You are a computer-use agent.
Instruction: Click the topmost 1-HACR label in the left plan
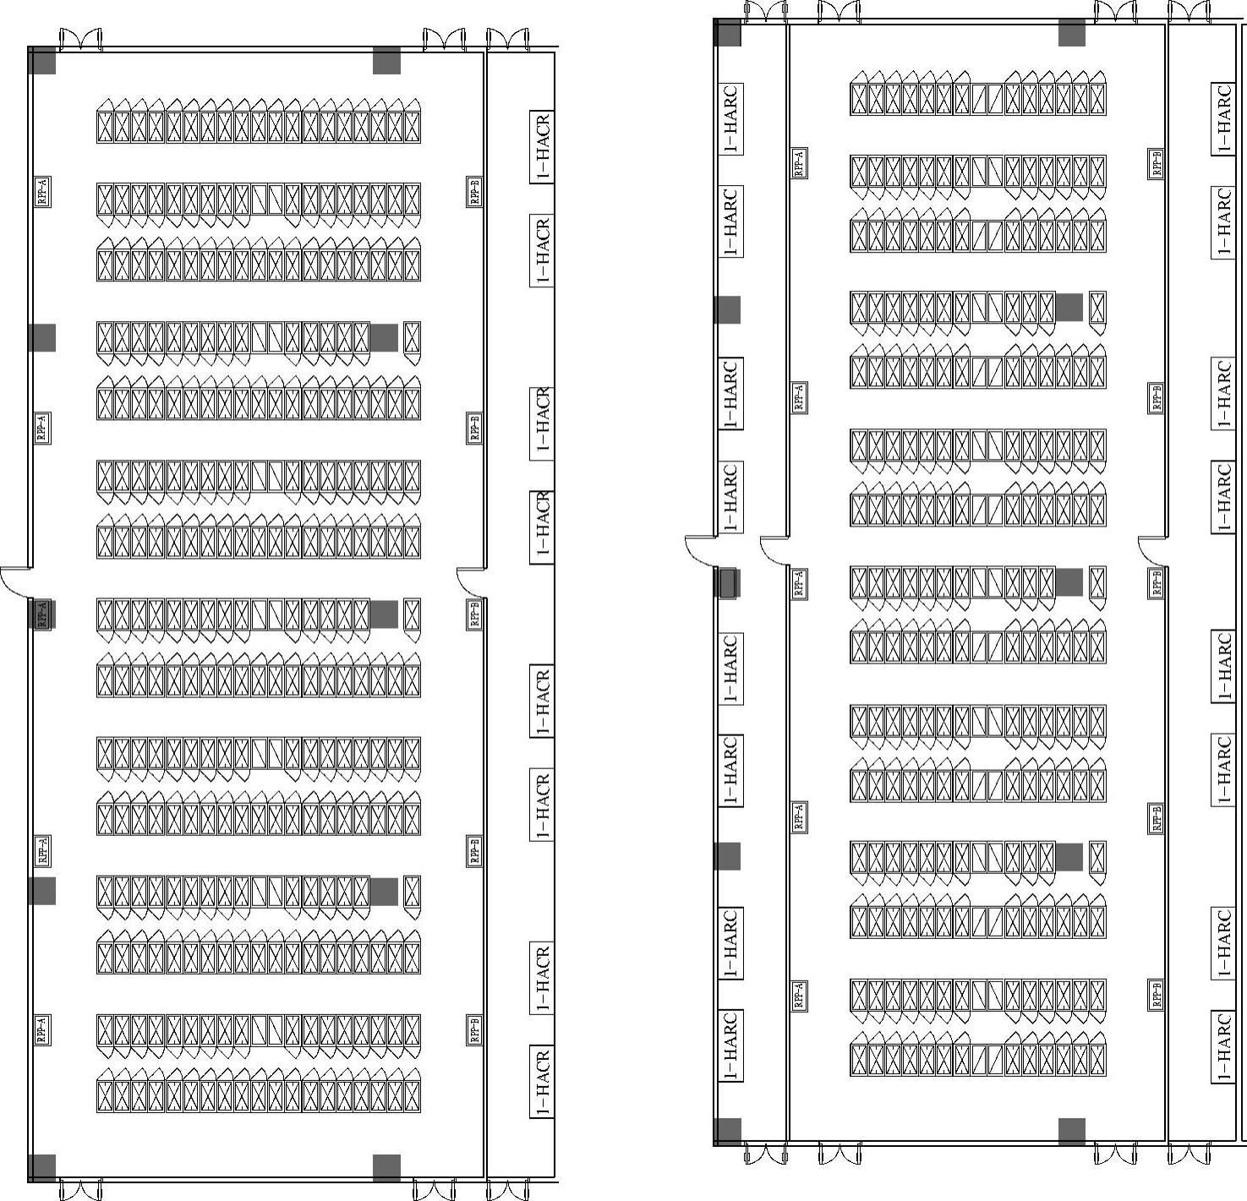tap(542, 146)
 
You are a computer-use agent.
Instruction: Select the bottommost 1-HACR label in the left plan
tap(542, 1082)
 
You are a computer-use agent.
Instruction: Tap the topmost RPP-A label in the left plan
tap(42, 191)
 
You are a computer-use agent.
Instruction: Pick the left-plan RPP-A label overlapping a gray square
tap(42, 613)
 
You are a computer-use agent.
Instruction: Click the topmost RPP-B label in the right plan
tap(1156, 162)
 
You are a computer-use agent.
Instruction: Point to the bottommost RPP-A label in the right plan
tap(799, 995)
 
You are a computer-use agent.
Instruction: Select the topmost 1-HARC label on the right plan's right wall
tap(1222, 118)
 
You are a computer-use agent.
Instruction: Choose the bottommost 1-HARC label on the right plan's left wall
tap(730, 1045)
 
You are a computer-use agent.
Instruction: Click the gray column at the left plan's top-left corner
tap(42, 61)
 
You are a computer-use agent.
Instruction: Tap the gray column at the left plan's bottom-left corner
tap(42, 1167)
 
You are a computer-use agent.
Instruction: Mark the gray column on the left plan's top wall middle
tap(386, 61)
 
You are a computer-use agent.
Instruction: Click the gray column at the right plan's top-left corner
tap(728, 33)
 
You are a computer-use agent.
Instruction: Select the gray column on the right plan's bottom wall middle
tap(1071, 1132)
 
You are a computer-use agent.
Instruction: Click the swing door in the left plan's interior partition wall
tap(471, 581)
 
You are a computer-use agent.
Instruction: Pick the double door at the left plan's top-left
tap(80, 40)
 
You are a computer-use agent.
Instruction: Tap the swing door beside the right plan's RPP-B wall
tap(1151, 551)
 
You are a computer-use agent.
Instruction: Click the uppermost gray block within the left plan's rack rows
tap(384, 337)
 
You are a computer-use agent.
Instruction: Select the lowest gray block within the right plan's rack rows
tap(1069, 856)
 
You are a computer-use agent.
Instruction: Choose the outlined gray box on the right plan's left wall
tap(726, 583)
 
